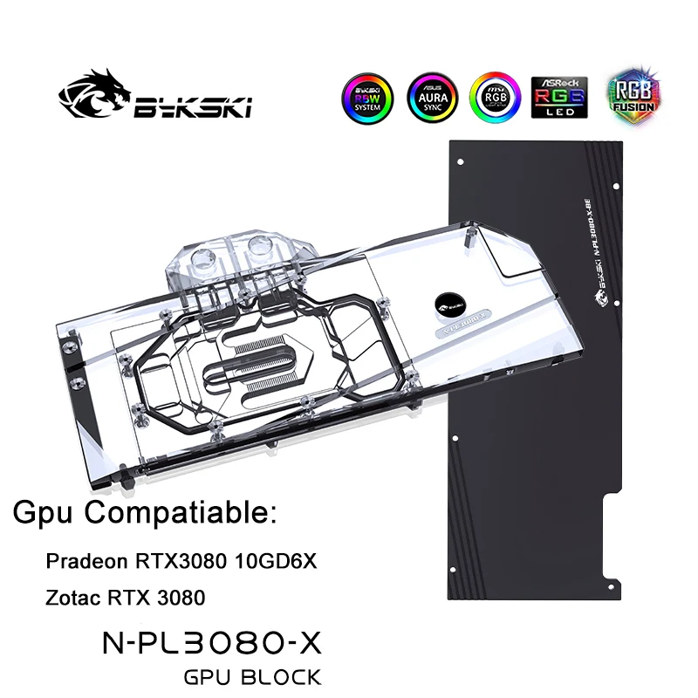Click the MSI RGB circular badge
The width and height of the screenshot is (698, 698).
pyautogui.click(x=495, y=98)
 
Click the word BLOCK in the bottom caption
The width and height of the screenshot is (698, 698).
pyautogui.click(x=283, y=676)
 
